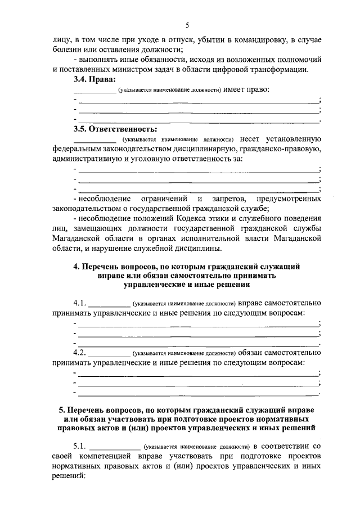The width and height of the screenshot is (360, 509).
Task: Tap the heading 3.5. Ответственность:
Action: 113,129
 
